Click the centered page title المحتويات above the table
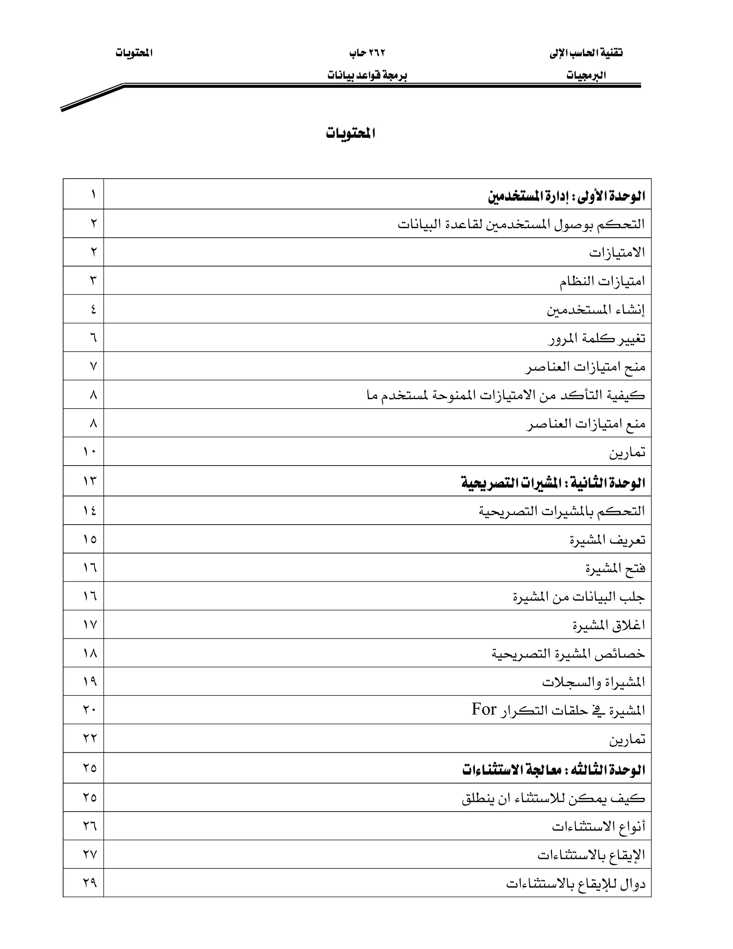[350, 134]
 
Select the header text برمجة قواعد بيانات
[367, 76]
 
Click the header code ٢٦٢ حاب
[367, 53]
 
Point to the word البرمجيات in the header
[586, 76]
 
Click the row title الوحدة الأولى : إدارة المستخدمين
[566, 196]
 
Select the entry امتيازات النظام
[602, 281]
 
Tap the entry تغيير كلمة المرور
[596, 338]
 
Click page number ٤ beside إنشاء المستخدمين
[93, 309]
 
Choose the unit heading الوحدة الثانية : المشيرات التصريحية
[553, 483]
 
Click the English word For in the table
[484, 709]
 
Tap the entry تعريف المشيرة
[607, 540]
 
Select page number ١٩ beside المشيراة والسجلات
[90, 681]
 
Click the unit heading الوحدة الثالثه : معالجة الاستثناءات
[553, 770]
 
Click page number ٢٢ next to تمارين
[90, 738]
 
